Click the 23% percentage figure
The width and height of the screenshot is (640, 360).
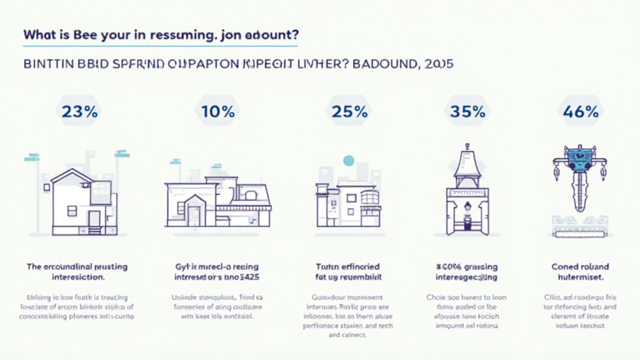(79, 112)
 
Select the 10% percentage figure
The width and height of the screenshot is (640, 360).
(218, 112)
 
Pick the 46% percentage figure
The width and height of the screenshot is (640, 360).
(581, 112)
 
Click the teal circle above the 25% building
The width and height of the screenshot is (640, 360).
(348, 162)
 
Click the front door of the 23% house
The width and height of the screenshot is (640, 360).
(94, 219)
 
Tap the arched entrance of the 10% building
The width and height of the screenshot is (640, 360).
(194, 212)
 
